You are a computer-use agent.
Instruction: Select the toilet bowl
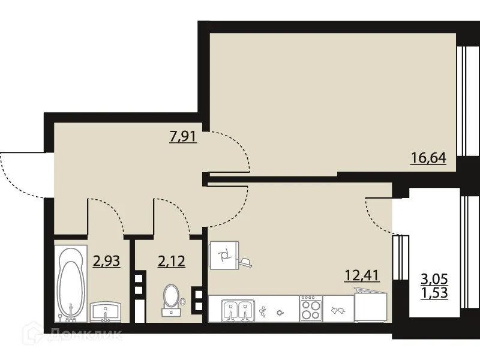click(x=171, y=299)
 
